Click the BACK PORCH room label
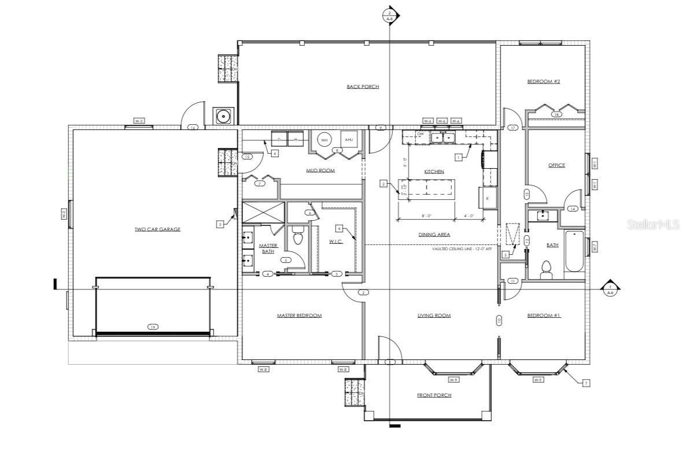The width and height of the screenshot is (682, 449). pyautogui.click(x=363, y=87)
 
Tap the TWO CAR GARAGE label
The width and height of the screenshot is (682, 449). pyautogui.click(x=157, y=229)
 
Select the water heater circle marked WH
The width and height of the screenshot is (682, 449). pyautogui.click(x=324, y=140)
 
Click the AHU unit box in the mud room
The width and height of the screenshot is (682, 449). pyautogui.click(x=349, y=140)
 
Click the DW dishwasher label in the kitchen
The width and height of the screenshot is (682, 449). pyautogui.click(x=421, y=134)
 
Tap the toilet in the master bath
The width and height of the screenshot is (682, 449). pyautogui.click(x=298, y=238)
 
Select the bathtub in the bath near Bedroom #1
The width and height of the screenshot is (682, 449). pyautogui.click(x=575, y=251)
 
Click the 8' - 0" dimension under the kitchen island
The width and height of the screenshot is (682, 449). pyautogui.click(x=426, y=216)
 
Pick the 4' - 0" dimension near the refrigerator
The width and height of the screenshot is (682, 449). pyautogui.click(x=469, y=216)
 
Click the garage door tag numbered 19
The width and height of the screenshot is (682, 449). pyautogui.click(x=153, y=327)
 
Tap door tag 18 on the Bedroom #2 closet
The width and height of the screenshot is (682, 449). pyautogui.click(x=556, y=114)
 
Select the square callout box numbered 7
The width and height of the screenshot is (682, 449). pyautogui.click(x=586, y=383)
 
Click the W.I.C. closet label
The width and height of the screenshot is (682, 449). pyautogui.click(x=336, y=242)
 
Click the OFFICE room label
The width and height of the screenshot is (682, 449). pyautogui.click(x=556, y=165)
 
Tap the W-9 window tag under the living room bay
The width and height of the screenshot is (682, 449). pyautogui.click(x=454, y=380)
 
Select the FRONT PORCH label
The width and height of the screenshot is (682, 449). pyautogui.click(x=434, y=395)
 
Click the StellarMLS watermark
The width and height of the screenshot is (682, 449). pyautogui.click(x=653, y=224)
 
